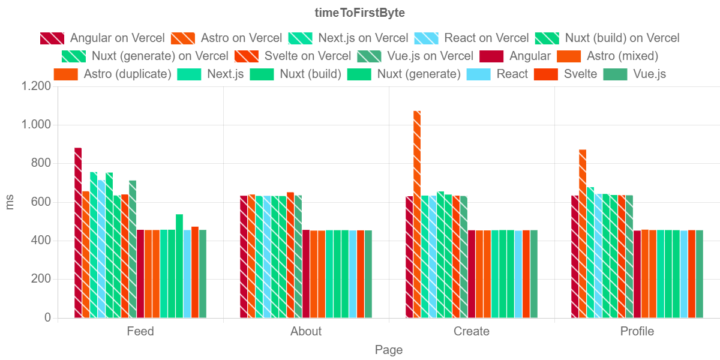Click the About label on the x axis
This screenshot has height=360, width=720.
point(306,331)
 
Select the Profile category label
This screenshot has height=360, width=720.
point(637,331)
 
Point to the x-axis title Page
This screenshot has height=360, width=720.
point(389,350)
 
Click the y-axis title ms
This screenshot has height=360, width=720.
point(10,202)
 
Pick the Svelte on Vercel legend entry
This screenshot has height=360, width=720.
point(307,56)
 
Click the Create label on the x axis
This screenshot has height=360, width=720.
point(472,331)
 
